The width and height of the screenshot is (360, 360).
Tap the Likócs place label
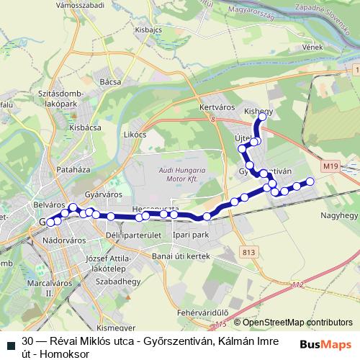click(135, 134)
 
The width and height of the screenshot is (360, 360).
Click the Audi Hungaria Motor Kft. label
click(181, 175)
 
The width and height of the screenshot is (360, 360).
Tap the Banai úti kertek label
click(180, 256)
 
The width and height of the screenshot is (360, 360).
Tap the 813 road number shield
click(249, 252)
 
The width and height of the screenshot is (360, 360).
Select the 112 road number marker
click(299, 286)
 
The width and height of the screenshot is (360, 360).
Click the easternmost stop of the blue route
click(311, 181)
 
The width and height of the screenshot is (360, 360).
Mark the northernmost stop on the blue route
click(263, 116)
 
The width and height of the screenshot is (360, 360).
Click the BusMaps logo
click(326, 344)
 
